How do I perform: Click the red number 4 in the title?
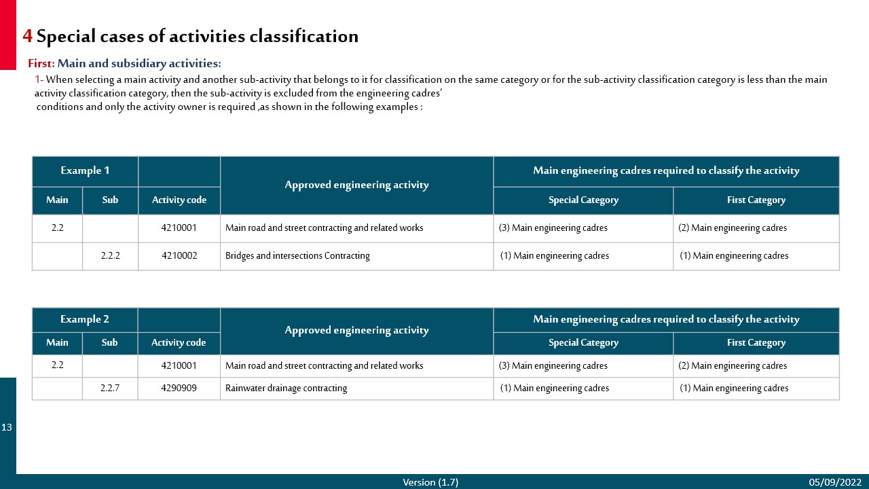27,36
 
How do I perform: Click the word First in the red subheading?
39,64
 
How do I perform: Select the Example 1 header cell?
85,170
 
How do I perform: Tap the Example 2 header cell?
85,319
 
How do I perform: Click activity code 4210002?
179,256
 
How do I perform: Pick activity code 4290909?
179,388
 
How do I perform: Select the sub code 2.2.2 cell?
110,256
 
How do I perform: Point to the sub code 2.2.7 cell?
110,388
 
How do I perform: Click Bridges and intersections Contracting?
297,256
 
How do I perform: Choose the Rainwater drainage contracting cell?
286,388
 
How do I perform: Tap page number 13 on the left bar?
7,427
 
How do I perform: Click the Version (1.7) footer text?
430,482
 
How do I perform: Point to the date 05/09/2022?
834,482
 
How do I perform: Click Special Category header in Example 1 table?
583,200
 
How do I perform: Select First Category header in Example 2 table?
756,343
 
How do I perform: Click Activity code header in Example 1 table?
179,200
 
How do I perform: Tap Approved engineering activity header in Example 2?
356,331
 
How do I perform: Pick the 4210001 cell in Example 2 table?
179,365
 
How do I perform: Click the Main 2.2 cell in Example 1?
57,228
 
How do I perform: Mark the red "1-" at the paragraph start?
39,79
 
